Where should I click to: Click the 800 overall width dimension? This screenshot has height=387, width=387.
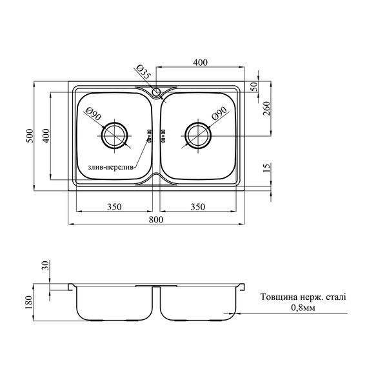pos(156,219)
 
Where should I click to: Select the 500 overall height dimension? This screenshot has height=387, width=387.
pos(30,135)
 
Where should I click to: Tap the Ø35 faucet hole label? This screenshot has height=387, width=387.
pos(143,72)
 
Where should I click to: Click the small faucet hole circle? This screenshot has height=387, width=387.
pos(156,92)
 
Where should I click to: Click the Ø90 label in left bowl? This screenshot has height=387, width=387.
pos(94,114)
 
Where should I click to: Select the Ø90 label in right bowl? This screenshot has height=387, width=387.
pos(219,114)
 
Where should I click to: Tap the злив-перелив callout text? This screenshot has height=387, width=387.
pos(110,167)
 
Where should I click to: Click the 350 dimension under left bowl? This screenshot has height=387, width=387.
pos(114,206)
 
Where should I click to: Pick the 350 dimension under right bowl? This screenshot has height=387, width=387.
pos(198,206)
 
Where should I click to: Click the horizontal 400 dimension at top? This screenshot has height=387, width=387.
pos(200,63)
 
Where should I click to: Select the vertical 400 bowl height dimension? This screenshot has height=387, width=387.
pos(46,135)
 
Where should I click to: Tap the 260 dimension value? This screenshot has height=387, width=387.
pos(266,108)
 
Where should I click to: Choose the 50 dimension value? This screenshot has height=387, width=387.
pos(254,87)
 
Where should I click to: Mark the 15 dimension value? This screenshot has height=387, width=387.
pos(266,168)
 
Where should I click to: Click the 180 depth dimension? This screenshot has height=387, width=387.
pos(29,302)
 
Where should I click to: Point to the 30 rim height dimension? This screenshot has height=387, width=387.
pos(46,265)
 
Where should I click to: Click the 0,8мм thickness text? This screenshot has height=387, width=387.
pos(303,308)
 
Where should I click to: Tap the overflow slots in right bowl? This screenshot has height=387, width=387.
pos(163,135)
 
